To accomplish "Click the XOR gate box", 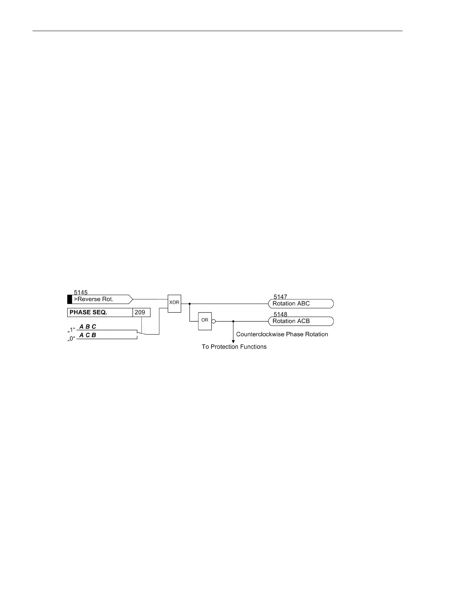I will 174,303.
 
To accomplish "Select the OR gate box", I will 205,320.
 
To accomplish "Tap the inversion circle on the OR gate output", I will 213,321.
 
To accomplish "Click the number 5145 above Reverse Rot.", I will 81,292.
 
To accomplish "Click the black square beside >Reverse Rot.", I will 69,299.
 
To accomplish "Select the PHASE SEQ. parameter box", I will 100,312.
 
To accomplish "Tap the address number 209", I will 140,312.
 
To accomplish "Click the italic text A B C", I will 88,327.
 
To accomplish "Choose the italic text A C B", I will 88,335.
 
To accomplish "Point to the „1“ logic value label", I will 71,330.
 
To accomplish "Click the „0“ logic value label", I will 71,339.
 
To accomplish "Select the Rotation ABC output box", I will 301,304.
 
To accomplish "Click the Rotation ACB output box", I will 301,321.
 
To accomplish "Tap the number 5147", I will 280,297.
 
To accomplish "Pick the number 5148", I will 280,314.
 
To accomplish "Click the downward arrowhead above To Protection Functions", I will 233,341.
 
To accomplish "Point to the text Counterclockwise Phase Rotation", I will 282,334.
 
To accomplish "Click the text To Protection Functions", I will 234,347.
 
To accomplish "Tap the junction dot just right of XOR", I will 190,304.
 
